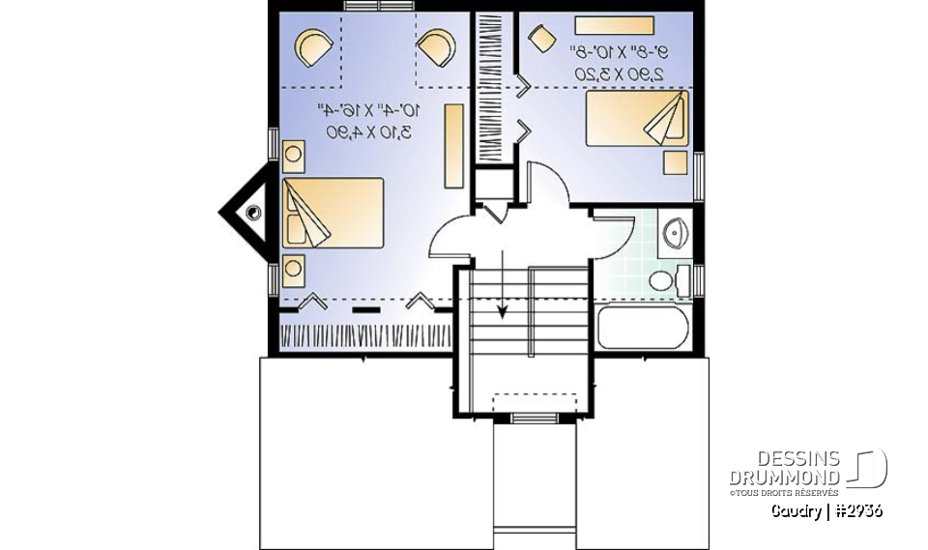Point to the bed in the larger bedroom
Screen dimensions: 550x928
point(333,213)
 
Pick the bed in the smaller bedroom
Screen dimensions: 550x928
point(637,118)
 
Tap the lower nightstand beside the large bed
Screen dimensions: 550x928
point(293,268)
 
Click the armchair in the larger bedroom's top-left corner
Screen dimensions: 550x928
point(315,46)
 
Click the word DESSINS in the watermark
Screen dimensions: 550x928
point(798,460)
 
